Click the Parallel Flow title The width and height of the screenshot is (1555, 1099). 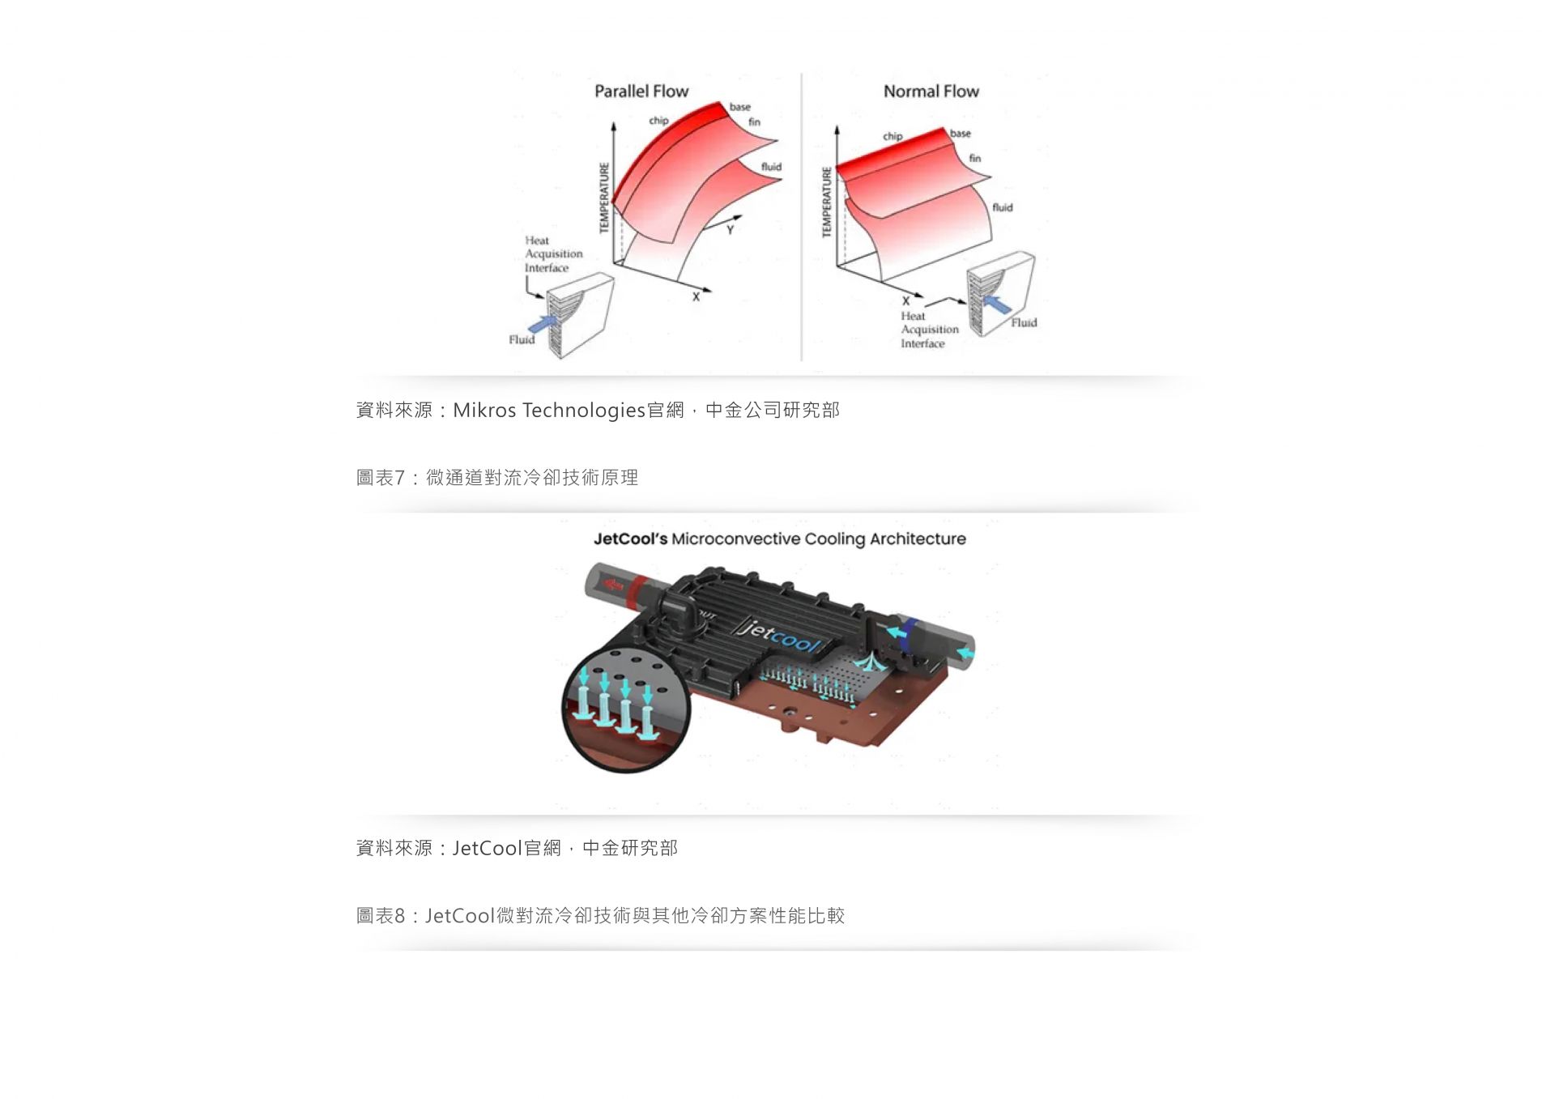[641, 92]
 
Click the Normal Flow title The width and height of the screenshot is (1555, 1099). [931, 92]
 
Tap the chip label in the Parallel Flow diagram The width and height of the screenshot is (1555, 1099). [658, 121]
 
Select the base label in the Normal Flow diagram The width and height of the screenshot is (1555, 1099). [960, 134]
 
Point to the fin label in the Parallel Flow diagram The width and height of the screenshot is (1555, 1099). [754, 122]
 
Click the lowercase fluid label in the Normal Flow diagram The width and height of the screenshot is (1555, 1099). [1003, 207]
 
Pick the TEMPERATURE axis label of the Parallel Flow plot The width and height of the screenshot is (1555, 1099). [603, 198]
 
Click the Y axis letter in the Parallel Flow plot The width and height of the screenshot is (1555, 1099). [730, 230]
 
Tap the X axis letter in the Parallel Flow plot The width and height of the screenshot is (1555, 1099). [696, 297]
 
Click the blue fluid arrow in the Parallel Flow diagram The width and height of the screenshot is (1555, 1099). [543, 324]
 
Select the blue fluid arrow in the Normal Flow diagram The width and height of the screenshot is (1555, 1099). [996, 305]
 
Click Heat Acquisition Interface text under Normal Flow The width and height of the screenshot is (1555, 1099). [929, 330]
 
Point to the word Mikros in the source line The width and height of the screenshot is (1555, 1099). [484, 410]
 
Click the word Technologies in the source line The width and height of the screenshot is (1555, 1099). [584, 411]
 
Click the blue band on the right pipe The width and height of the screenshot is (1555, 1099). [912, 632]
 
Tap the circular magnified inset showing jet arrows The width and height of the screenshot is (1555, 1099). [625, 708]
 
